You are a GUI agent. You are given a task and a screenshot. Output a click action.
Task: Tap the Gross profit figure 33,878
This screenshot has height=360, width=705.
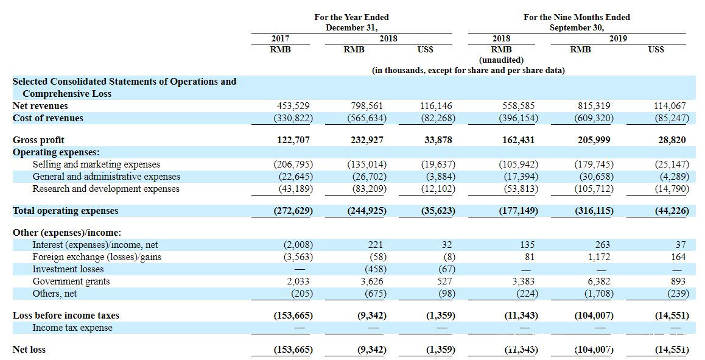438,140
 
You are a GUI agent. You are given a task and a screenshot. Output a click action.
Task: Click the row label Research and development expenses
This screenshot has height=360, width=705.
106,189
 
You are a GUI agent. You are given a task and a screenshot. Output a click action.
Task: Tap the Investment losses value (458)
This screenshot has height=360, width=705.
375,269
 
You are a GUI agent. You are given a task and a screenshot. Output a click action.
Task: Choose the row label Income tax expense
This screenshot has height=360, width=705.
72,328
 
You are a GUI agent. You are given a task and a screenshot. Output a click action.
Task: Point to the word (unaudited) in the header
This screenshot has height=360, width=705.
501,60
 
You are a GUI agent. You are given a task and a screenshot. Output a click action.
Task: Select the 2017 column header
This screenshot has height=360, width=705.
280,38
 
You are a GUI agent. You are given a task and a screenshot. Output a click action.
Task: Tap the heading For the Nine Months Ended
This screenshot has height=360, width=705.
577,17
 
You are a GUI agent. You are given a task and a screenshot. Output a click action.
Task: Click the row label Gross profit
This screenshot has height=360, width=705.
38,140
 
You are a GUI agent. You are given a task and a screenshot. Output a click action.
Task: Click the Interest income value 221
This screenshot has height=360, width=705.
376,245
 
